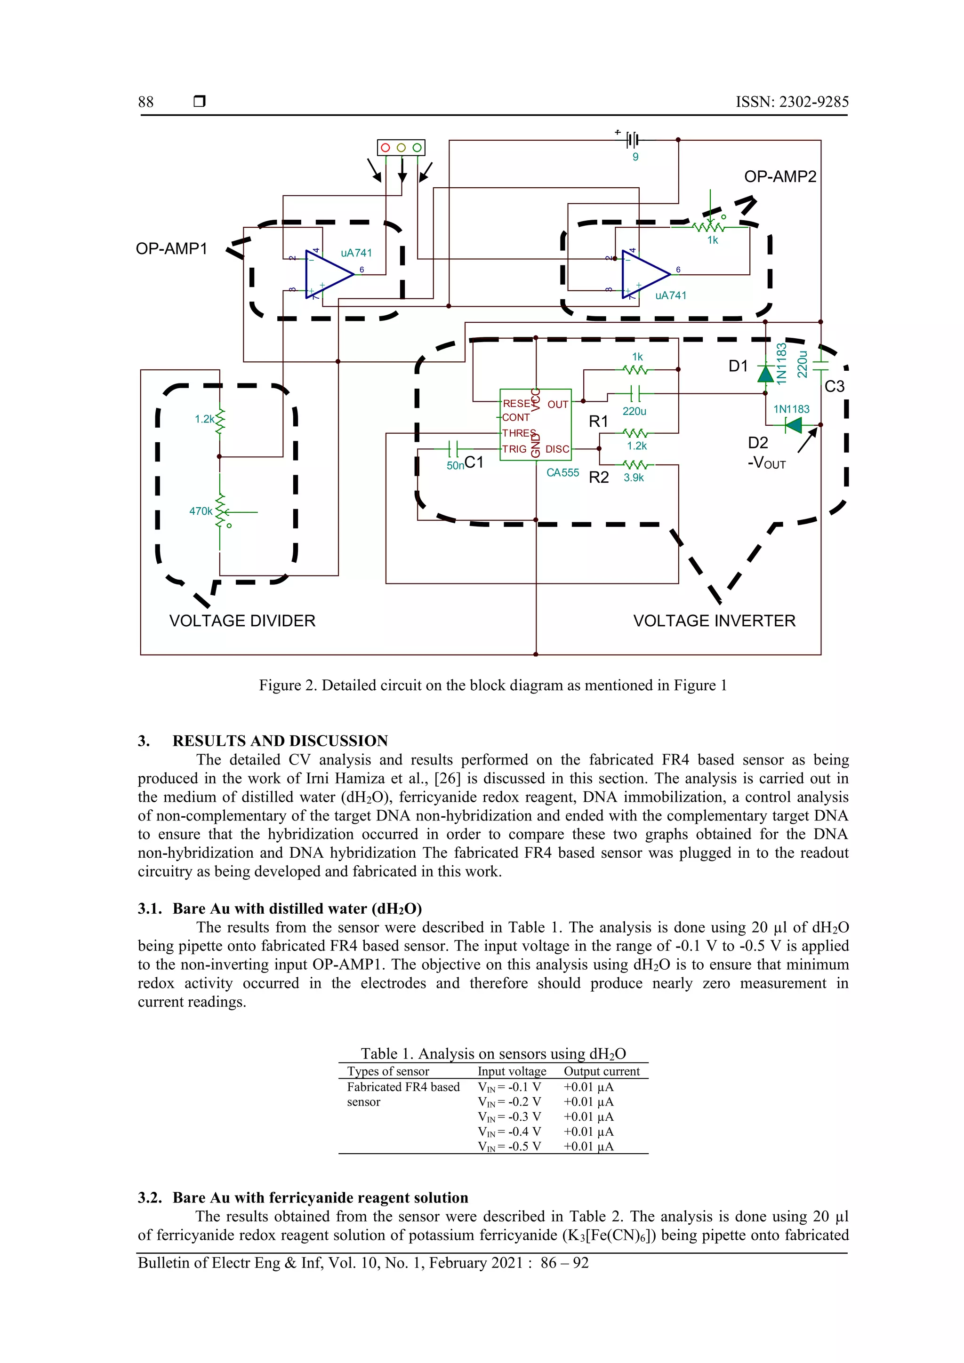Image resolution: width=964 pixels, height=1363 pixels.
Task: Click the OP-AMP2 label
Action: (780, 176)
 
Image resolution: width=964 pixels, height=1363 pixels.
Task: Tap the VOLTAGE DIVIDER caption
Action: (242, 621)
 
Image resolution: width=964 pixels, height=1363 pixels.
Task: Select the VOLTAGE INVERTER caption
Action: (714, 621)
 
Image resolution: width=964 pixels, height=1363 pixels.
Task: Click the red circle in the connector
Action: (385, 147)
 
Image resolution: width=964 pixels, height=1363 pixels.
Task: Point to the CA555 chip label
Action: (562, 472)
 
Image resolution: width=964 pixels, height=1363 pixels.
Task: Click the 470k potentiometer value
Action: (201, 511)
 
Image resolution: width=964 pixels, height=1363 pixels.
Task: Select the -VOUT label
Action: (766, 463)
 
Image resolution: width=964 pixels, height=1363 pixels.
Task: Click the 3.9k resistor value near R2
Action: (634, 477)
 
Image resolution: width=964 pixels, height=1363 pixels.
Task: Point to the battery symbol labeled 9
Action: (634, 140)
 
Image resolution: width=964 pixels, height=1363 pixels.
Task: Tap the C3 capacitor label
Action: (834, 386)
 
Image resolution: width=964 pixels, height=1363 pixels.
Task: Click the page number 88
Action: (145, 102)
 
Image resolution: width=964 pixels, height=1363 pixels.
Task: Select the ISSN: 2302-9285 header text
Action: (792, 102)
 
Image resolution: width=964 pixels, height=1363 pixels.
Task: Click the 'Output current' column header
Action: (601, 1071)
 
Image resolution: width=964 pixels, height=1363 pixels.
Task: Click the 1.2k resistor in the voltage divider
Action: (220, 420)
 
